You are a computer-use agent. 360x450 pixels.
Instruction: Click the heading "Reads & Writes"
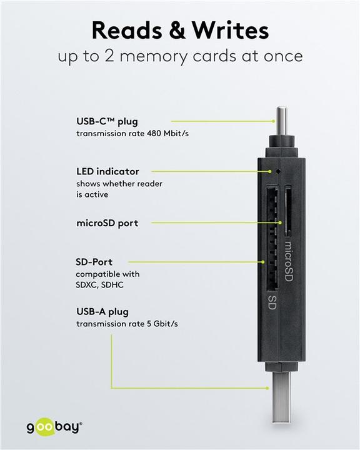180,30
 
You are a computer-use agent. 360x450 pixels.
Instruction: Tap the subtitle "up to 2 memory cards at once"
180,56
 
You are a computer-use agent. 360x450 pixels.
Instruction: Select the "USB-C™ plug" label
106,121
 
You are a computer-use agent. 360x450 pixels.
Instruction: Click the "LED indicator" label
107,171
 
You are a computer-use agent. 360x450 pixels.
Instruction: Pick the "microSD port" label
107,222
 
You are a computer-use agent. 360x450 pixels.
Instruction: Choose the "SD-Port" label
94,262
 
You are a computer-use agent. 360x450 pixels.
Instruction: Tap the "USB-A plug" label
104,311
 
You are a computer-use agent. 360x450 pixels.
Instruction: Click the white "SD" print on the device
272,304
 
